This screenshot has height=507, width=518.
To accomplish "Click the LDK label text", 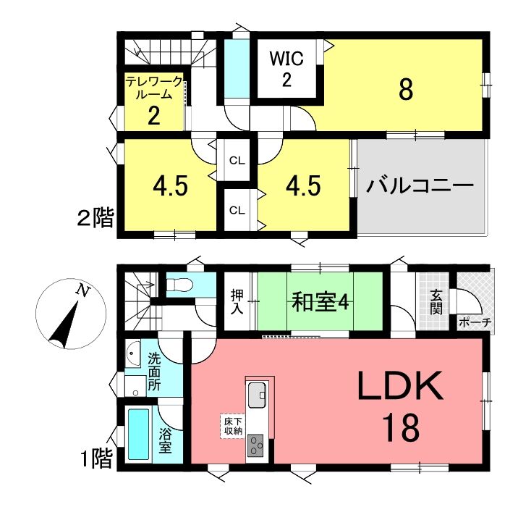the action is click(400, 385).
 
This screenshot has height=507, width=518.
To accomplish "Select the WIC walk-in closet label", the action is click(286, 59).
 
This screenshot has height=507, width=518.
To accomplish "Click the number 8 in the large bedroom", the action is click(406, 90).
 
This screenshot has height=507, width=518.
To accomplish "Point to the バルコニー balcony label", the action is click(420, 186).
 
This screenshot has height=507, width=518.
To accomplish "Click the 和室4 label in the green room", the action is click(320, 301).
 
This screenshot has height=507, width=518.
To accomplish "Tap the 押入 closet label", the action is click(237, 301).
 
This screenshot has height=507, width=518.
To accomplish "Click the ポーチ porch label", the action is click(475, 322).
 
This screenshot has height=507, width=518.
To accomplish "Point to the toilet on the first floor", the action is click(179, 285).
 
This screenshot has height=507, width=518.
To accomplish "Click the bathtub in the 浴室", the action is click(138, 434).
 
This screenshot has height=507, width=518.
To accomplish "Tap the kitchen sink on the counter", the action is click(258, 395).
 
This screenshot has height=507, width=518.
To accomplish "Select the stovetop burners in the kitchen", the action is click(255, 445).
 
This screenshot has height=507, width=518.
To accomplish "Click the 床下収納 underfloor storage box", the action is click(233, 427).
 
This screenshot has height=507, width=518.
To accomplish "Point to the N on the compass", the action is click(83, 291).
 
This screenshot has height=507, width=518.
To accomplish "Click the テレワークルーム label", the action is click(154, 88).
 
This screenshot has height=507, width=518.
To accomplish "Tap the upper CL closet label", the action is click(237, 161).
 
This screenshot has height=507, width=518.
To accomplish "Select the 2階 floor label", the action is click(95, 217).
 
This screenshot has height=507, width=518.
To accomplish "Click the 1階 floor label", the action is click(96, 458).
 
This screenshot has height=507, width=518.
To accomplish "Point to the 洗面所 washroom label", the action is click(154, 372).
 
